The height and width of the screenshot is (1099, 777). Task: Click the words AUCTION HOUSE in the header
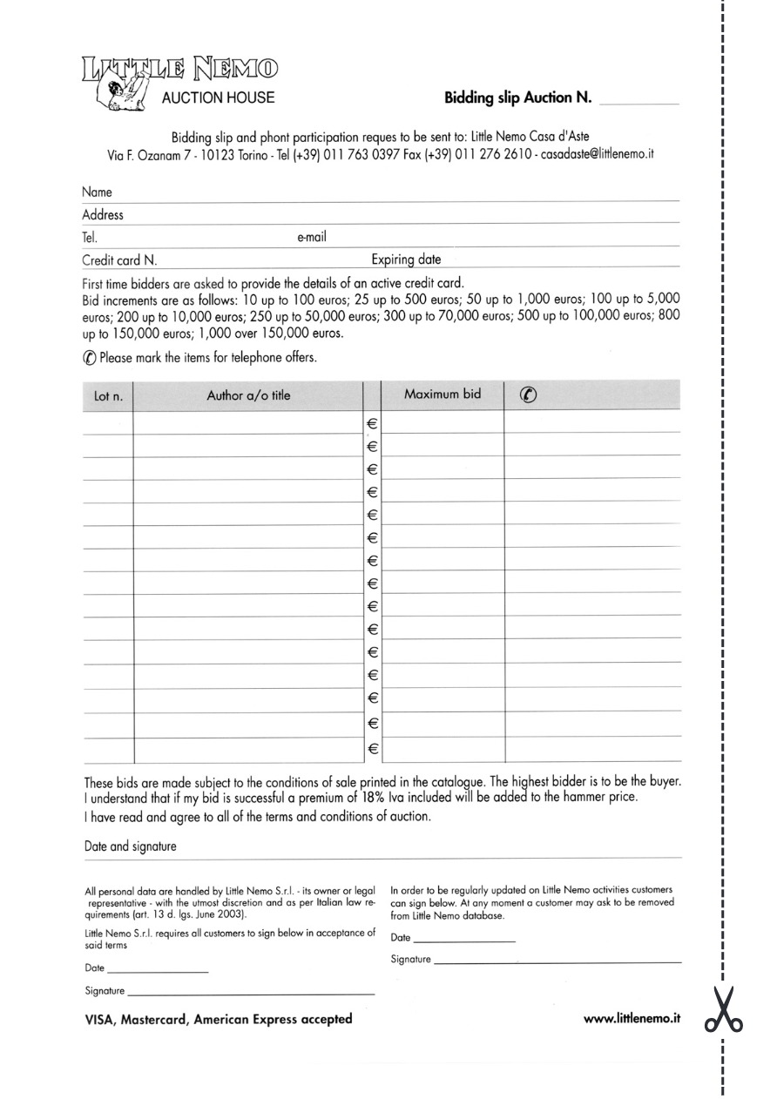click(x=218, y=98)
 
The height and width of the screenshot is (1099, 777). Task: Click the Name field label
click(x=97, y=192)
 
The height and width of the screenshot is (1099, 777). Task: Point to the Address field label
click(x=103, y=214)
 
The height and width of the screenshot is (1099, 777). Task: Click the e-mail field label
click(x=312, y=236)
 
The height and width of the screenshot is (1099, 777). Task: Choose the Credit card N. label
click(x=119, y=260)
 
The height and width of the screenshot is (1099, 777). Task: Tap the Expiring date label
click(x=406, y=259)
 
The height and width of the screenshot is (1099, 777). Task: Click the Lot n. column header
click(x=108, y=396)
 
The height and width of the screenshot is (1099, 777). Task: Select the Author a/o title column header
click(x=248, y=395)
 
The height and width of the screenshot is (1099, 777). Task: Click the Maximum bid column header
click(x=443, y=394)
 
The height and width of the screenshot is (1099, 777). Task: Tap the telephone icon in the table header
click(x=528, y=394)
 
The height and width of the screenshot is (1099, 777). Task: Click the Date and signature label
click(x=130, y=846)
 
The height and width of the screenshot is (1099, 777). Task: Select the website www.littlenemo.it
click(x=632, y=1018)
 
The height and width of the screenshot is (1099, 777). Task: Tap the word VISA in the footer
click(x=99, y=1019)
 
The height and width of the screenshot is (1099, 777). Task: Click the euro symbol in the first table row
click(x=372, y=424)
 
